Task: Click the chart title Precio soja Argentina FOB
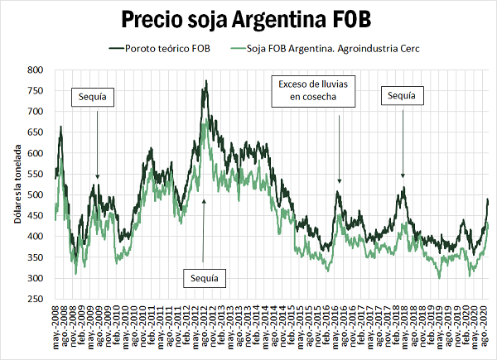pyautogui.click(x=248, y=19)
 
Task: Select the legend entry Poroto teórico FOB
pyautogui.click(x=166, y=49)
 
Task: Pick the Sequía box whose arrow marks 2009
pyautogui.click(x=93, y=97)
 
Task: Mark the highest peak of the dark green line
pyautogui.click(x=205, y=81)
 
